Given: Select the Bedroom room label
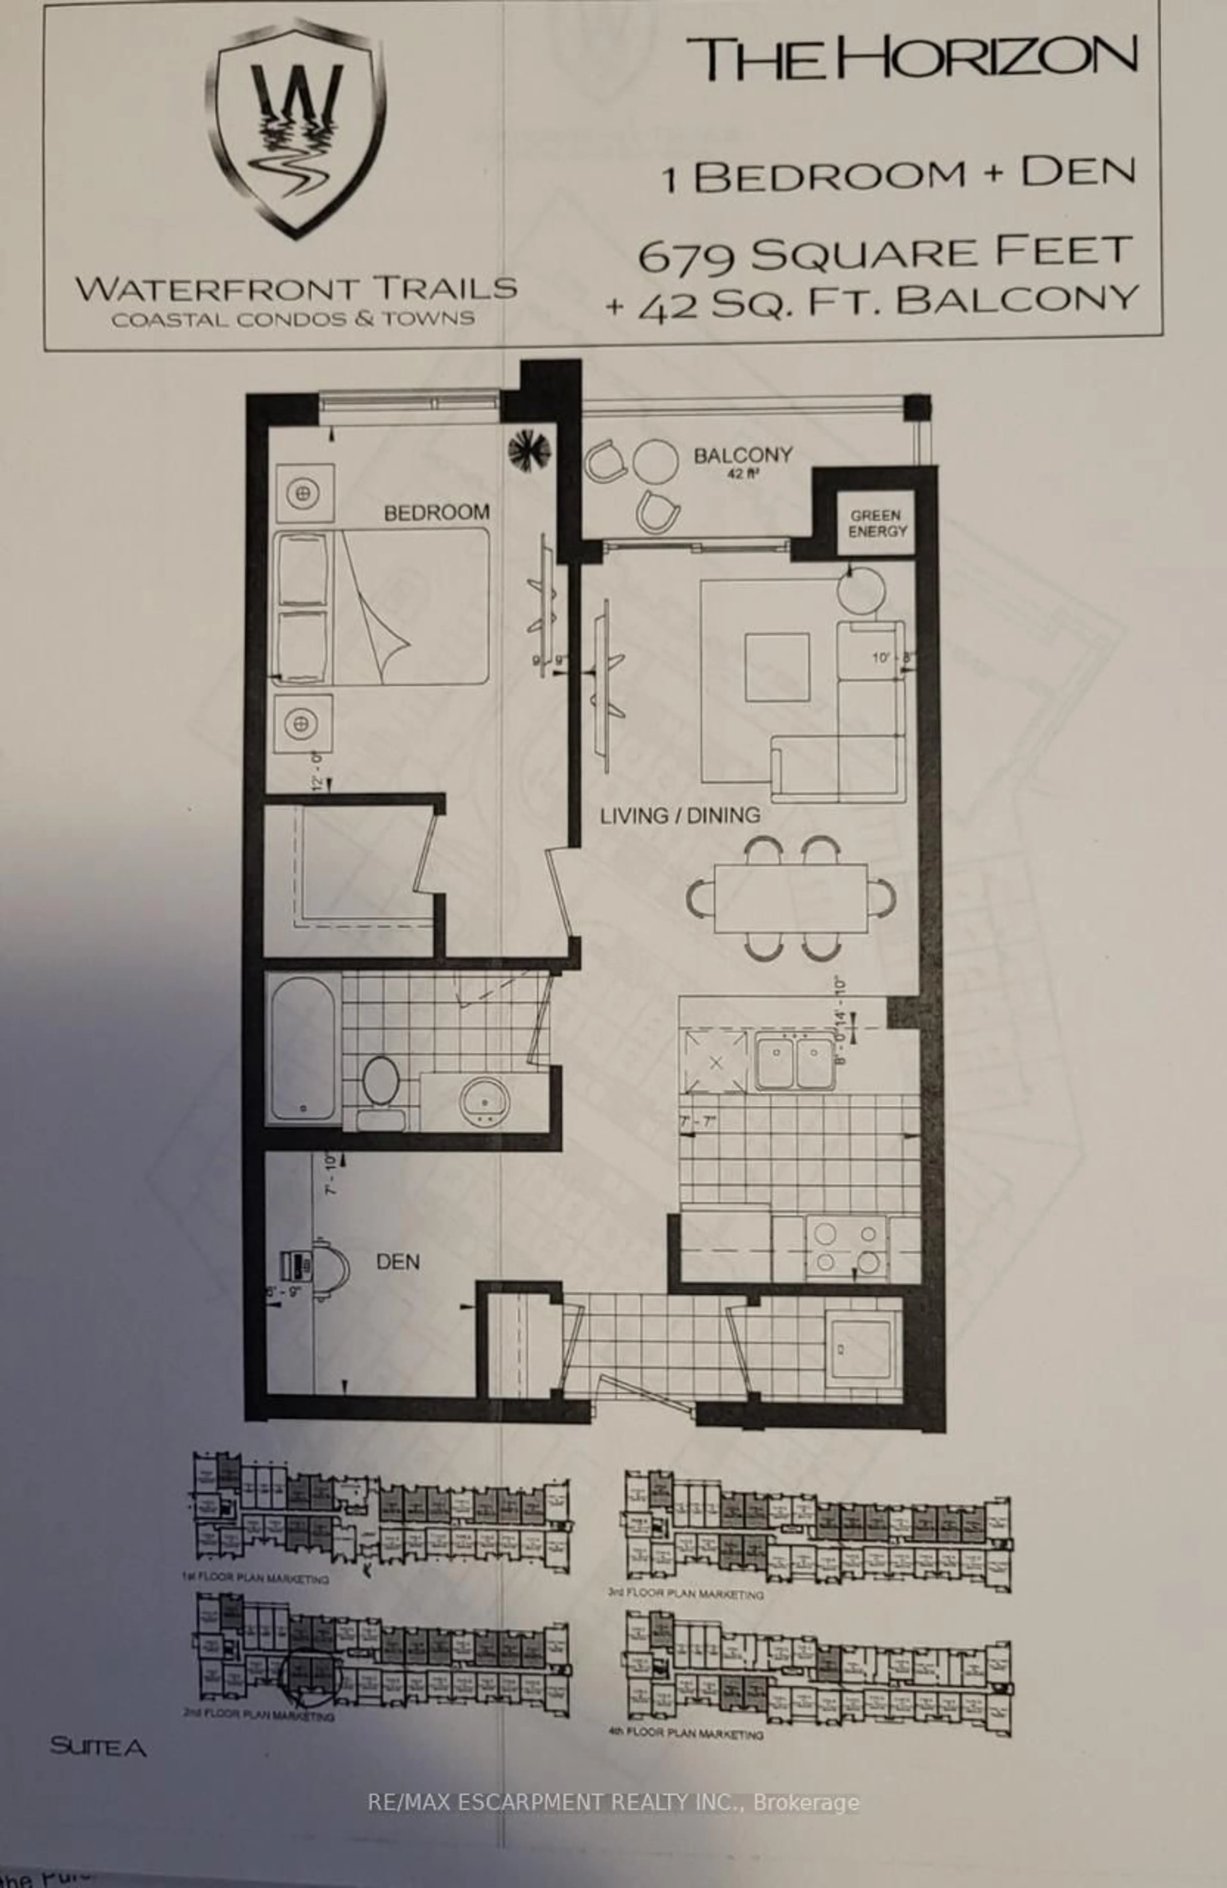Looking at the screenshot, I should pyautogui.click(x=436, y=513).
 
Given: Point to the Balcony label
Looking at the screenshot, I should pyautogui.click(x=742, y=455).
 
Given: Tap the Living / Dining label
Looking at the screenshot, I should pyautogui.click(x=680, y=815).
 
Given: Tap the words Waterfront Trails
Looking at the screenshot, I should pyautogui.click(x=296, y=288).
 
